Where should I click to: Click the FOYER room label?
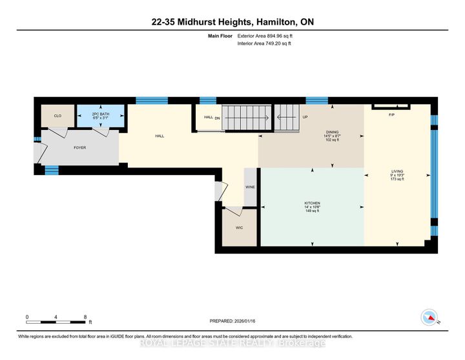tap(79, 148)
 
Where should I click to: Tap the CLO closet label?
tap(57, 116)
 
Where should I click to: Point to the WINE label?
tap(251, 187)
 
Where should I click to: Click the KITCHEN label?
tap(313, 203)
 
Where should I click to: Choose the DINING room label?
tap(332, 132)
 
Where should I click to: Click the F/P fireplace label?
tap(391, 114)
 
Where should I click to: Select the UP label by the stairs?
tap(305, 117)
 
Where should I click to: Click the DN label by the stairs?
tap(218, 118)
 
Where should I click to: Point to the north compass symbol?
tap(428, 317)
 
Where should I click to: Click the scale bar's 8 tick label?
tap(85, 317)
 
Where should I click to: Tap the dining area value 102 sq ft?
tap(332, 140)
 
